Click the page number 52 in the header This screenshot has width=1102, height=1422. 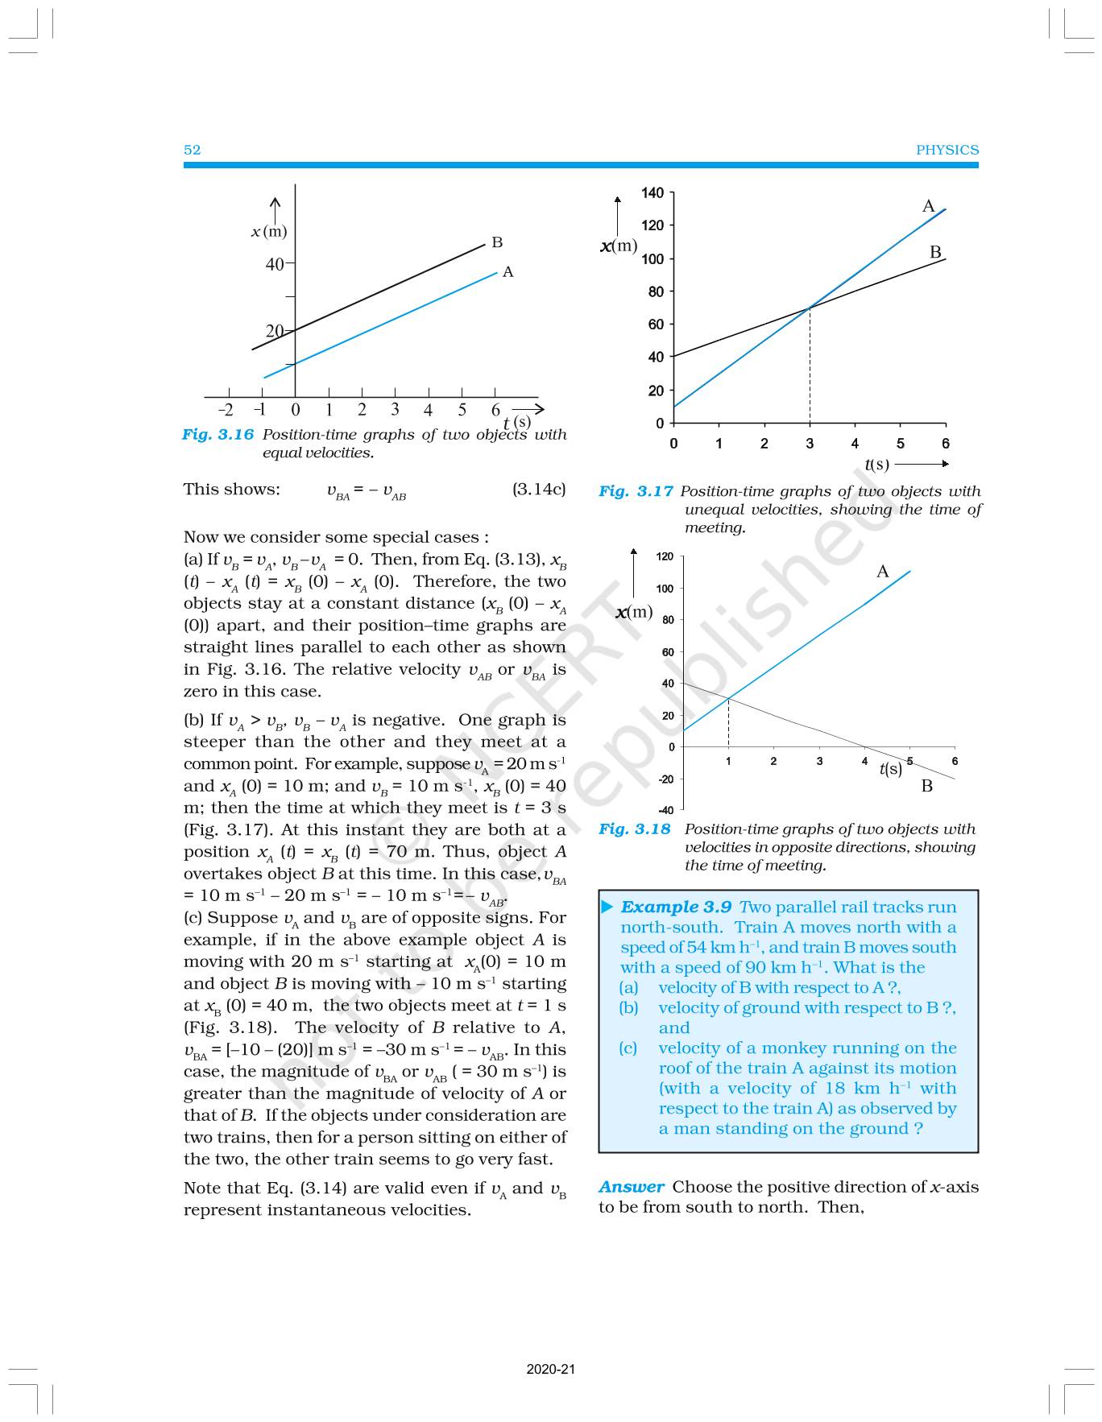pos(192,150)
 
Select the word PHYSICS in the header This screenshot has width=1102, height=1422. pos(947,150)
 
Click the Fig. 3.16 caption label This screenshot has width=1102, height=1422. pos(217,435)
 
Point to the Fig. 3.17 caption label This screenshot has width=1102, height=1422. pos(636,491)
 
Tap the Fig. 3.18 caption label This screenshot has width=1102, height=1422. pos(634,829)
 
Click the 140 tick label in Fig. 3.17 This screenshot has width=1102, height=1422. pos(652,193)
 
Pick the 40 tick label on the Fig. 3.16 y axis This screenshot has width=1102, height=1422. pos(275,264)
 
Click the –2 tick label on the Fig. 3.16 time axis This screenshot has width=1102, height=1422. pos(226,410)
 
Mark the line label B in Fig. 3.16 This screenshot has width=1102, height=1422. pos(497,242)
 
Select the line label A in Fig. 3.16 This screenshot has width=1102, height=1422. pos(507,272)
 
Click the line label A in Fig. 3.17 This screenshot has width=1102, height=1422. pos(928,207)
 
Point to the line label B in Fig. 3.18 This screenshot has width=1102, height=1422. pos(927,786)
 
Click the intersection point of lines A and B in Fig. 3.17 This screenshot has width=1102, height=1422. pos(810,308)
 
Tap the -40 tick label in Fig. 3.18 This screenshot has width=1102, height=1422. pos(665,811)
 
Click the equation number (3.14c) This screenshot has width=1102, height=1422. pos(539,490)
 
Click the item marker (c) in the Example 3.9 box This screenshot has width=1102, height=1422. pos(628,1048)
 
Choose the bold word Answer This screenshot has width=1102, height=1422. pos(631,1187)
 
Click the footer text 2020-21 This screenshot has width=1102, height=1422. pos(551,1369)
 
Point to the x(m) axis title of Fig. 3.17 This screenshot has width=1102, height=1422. pos(619,246)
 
